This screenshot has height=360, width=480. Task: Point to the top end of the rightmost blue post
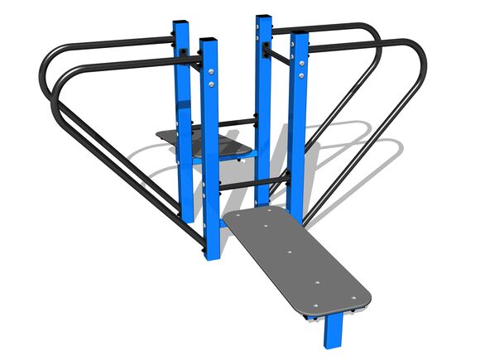coord(300,36)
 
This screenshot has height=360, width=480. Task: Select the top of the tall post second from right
coord(264,18)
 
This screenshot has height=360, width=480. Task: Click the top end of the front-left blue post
coord(209,39)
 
